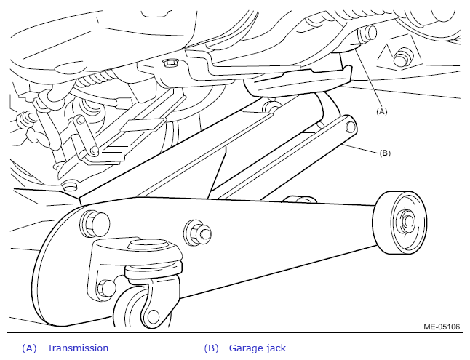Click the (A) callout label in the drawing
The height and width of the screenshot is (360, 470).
click(x=381, y=112)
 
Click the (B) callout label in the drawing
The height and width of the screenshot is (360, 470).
click(x=385, y=153)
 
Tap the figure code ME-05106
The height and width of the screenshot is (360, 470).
click(x=442, y=327)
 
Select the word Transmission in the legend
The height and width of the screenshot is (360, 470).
click(x=78, y=348)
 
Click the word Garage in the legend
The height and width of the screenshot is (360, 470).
click(x=243, y=348)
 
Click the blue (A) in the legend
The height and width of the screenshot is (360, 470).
click(x=29, y=348)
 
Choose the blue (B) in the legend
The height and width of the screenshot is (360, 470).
click(x=211, y=348)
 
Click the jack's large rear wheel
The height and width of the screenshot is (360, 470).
click(x=399, y=223)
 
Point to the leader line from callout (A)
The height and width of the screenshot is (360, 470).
click(x=367, y=78)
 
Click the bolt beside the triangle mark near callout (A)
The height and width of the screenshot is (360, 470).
click(x=401, y=57)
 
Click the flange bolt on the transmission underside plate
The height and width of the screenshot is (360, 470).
click(x=170, y=63)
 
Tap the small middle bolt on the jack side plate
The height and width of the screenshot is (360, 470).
click(x=198, y=233)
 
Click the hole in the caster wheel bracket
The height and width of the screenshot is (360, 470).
click(x=154, y=316)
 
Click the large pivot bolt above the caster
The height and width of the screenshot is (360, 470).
click(x=95, y=223)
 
